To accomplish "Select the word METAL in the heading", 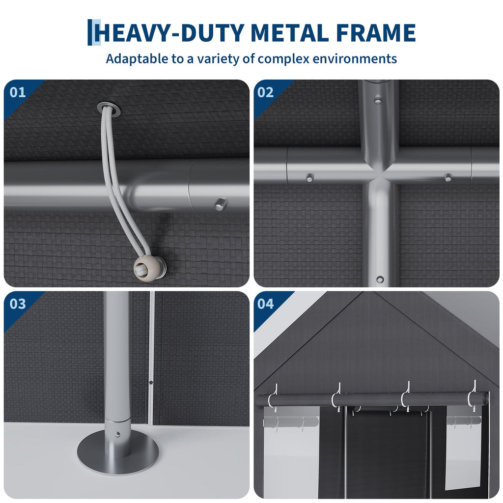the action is (291, 33).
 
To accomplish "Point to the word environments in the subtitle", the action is (355, 59).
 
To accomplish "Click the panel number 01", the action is (18, 92).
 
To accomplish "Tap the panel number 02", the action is (265, 92).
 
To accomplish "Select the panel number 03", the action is (18, 304).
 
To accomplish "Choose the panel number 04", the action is (265, 304).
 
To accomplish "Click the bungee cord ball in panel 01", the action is (149, 267).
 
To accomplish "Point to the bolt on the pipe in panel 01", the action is (220, 203).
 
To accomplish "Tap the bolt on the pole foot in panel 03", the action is (117, 435).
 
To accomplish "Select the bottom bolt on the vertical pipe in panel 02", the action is (380, 279).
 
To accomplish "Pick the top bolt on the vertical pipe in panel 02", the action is (378, 100).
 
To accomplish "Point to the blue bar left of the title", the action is (90, 32).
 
